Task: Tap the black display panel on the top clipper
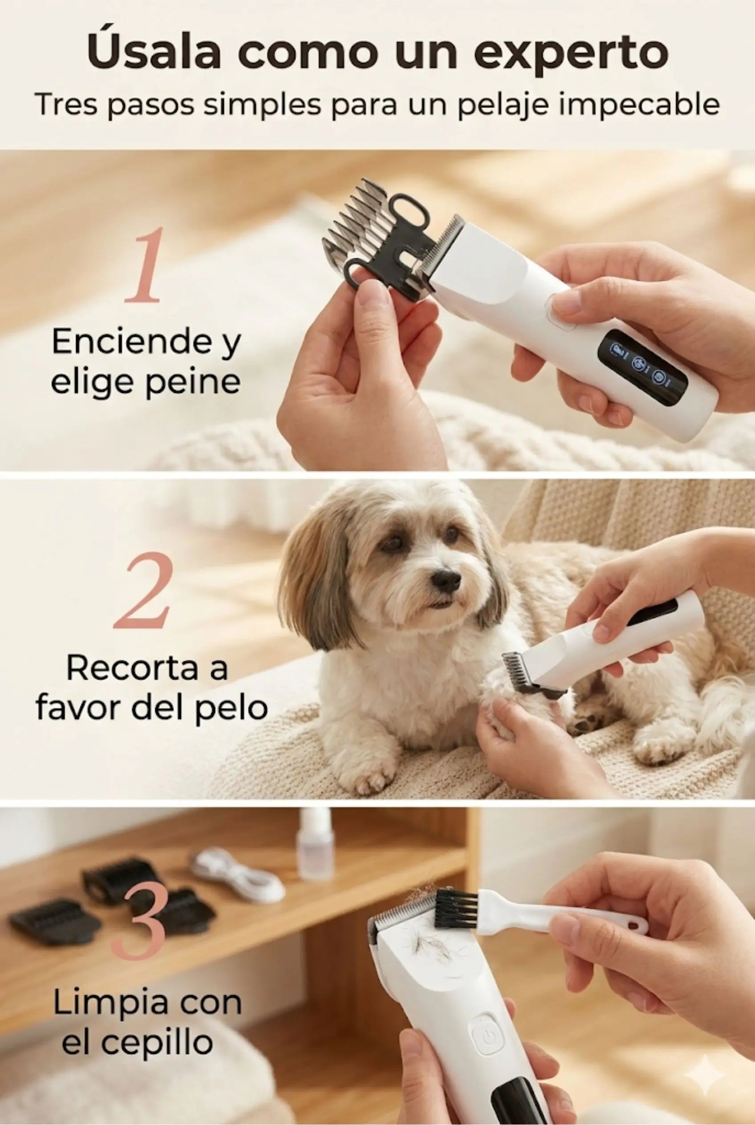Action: [642, 369]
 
